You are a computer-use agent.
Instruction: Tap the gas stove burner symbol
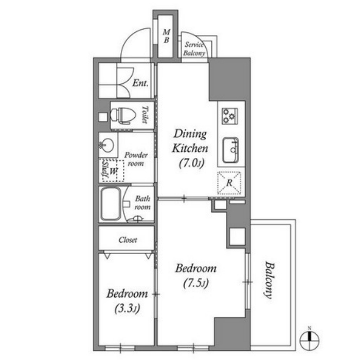[229, 116]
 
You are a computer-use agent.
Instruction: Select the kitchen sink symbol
[230, 150]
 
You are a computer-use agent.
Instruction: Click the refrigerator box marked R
[229, 183]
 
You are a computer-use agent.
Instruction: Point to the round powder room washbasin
[107, 145]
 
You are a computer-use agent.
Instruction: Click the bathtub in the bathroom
[111, 204]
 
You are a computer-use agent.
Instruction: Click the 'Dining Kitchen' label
[190, 141]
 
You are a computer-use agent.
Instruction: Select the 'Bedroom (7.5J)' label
[196, 276]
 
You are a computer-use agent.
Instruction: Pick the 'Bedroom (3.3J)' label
[127, 301]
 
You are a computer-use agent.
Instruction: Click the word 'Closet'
[128, 240]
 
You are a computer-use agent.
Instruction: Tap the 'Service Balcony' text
[194, 49]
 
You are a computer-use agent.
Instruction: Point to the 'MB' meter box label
[167, 36]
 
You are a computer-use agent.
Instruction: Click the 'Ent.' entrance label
[140, 83]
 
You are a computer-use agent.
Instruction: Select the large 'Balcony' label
[268, 280]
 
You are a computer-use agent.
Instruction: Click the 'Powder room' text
[136, 159]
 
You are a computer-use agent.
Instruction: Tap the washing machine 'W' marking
[114, 171]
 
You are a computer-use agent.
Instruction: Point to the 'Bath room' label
[142, 203]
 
